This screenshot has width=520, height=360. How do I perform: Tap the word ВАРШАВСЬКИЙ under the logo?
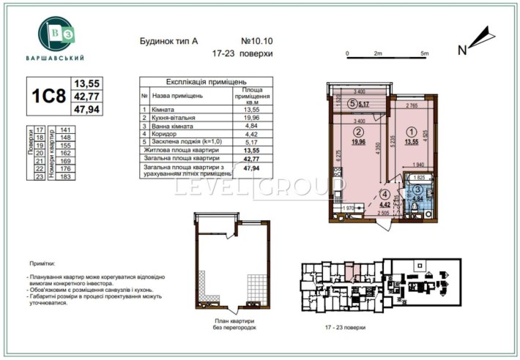pyautogui.click(x=62, y=58)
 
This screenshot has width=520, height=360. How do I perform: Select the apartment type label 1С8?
pyautogui.click(x=47, y=96)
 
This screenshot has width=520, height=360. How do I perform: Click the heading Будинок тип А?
pyautogui.click(x=168, y=42)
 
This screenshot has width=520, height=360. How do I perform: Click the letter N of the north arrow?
pyautogui.click(x=462, y=50)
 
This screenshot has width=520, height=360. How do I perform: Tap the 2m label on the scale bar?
pyautogui.click(x=379, y=53)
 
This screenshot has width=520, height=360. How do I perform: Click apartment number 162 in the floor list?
pyautogui.click(x=65, y=153)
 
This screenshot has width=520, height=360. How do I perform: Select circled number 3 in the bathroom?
pyautogui.click(x=417, y=190)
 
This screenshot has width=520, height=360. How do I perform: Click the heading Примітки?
pyautogui.click(x=42, y=261)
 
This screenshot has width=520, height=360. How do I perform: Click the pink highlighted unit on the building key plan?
pyautogui.click(x=354, y=276)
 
